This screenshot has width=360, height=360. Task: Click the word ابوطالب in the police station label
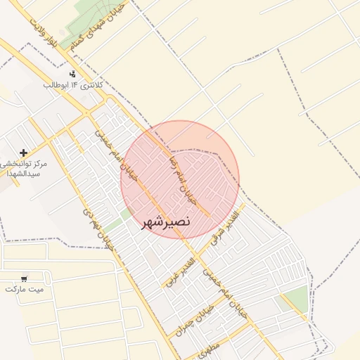(56, 85)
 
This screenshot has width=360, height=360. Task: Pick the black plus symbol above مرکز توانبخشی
(24, 152)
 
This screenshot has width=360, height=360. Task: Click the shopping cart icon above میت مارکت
(25, 278)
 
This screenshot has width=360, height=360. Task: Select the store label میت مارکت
(25, 289)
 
